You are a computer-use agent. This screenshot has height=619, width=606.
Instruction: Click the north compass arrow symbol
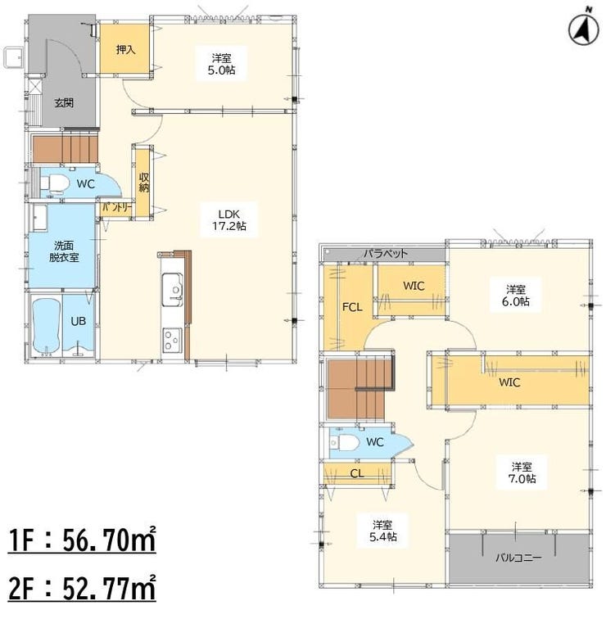pyautogui.click(x=584, y=29)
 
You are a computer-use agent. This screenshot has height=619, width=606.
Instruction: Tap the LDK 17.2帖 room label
pyautogui.click(x=229, y=220)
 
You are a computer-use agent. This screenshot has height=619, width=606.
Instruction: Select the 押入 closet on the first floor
pyautogui.click(x=124, y=48)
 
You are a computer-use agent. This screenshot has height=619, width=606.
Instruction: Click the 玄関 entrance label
pyautogui.click(x=64, y=103)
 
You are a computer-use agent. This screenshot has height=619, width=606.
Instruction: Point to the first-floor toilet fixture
pyautogui.click(x=55, y=183)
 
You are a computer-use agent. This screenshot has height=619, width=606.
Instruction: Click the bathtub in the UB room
pyautogui.click(x=47, y=326)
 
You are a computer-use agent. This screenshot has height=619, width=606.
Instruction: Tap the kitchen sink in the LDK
pyautogui.click(x=173, y=289)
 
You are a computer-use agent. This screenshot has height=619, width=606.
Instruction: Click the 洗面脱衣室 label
pyautogui.click(x=64, y=251)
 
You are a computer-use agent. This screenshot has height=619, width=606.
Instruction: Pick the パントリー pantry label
pyautogui.click(x=116, y=208)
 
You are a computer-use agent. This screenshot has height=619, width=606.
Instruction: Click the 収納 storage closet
pyautogui.click(x=143, y=183)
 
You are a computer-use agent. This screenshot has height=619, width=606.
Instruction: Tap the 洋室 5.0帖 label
pyautogui.click(x=221, y=65)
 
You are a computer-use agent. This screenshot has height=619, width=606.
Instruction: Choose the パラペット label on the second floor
pyautogui.click(x=385, y=254)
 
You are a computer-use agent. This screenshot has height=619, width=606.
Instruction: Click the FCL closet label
pyautogui.click(x=352, y=307)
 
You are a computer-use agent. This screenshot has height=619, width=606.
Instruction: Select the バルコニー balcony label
pyautogui.click(x=518, y=558)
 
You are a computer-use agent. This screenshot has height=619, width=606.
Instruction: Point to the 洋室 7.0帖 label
pyautogui.click(x=522, y=472)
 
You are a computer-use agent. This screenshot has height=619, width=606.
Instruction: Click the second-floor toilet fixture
pyautogui.click(x=344, y=442)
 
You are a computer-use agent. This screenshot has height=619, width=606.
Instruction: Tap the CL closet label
pyautogui.click(x=357, y=473)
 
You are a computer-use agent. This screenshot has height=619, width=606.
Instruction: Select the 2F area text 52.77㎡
pyautogui.click(x=110, y=587)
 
